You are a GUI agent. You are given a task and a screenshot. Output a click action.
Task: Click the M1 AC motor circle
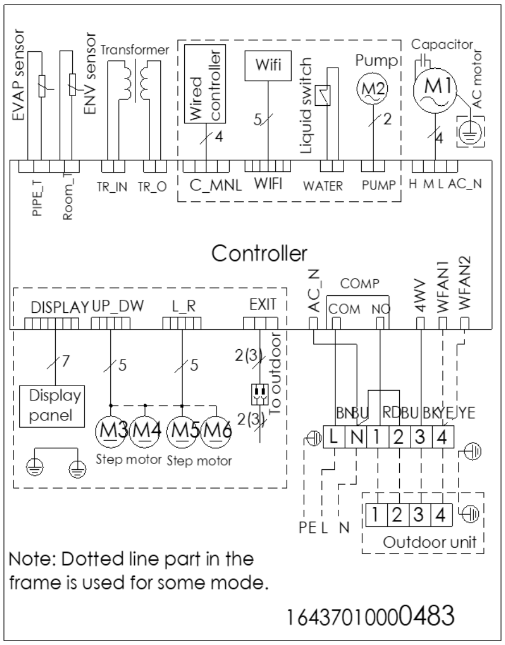coord(436,89)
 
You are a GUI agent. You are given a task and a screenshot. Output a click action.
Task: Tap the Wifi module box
coord(267,65)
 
